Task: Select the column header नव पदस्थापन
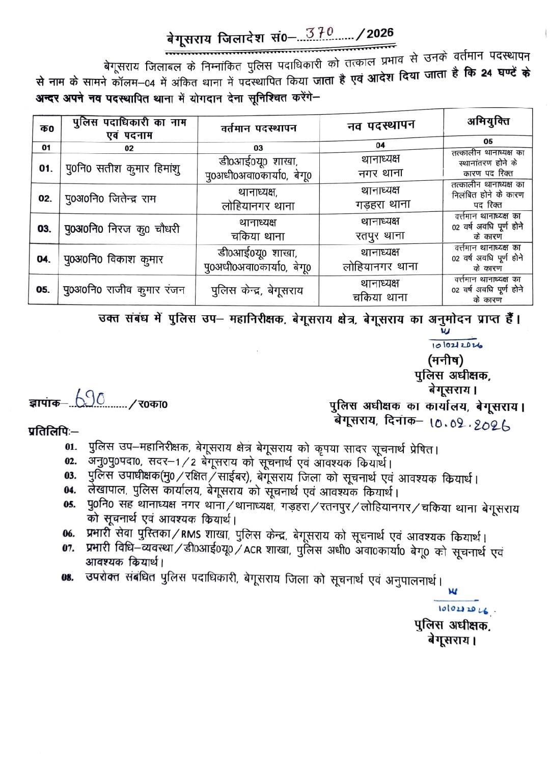pyautogui.click(x=380, y=125)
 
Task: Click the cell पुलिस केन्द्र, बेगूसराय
pyautogui.click(x=258, y=290)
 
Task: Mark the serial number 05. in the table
pyautogui.click(x=43, y=290)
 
